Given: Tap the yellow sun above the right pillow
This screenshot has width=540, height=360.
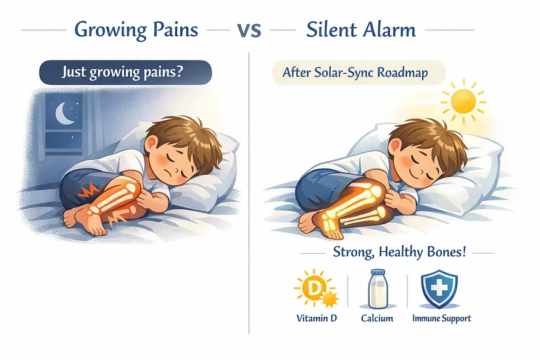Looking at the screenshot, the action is [463, 101].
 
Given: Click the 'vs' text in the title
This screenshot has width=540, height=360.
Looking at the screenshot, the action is [249, 30].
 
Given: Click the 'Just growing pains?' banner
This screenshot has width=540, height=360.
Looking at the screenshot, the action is [125, 72].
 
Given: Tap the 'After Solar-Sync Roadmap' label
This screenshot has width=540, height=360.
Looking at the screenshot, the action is [355, 72].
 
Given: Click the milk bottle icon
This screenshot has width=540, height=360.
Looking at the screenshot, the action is [378, 289].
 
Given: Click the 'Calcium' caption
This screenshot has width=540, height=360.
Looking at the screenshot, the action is [376, 318].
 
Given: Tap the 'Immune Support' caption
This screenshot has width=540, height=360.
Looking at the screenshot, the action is [441, 318].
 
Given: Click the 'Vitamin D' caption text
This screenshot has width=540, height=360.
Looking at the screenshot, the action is [317, 318].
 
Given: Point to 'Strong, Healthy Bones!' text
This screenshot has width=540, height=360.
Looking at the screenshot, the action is [399, 252].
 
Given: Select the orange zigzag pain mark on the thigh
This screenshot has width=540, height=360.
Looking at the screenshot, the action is [88, 190].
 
